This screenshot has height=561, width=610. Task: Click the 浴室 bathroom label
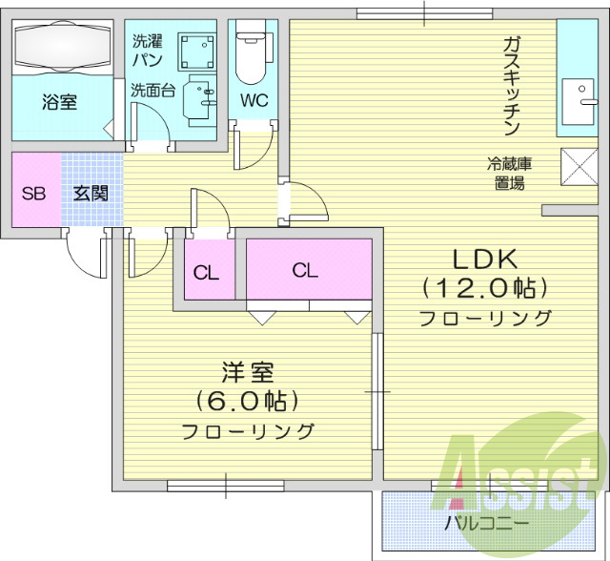60,102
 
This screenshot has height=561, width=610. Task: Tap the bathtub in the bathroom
62,44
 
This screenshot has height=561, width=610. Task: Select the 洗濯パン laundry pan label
147,50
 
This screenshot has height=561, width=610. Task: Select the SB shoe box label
34,194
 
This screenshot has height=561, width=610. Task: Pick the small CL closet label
206,272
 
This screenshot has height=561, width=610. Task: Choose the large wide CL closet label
305,270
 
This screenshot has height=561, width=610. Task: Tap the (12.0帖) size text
484,288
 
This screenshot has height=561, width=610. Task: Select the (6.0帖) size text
248,400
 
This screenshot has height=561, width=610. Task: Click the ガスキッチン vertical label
511,87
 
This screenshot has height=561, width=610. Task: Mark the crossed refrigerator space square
578,167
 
